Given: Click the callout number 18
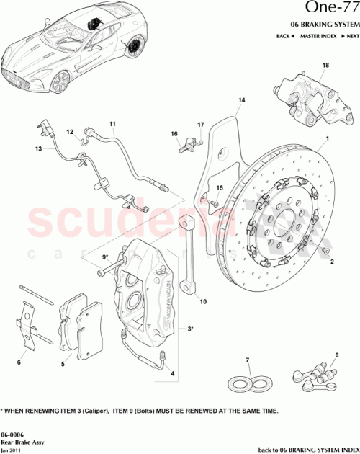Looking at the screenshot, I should [325, 66].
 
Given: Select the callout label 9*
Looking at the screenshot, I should [104, 257].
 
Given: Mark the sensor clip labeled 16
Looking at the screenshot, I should [186, 146].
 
